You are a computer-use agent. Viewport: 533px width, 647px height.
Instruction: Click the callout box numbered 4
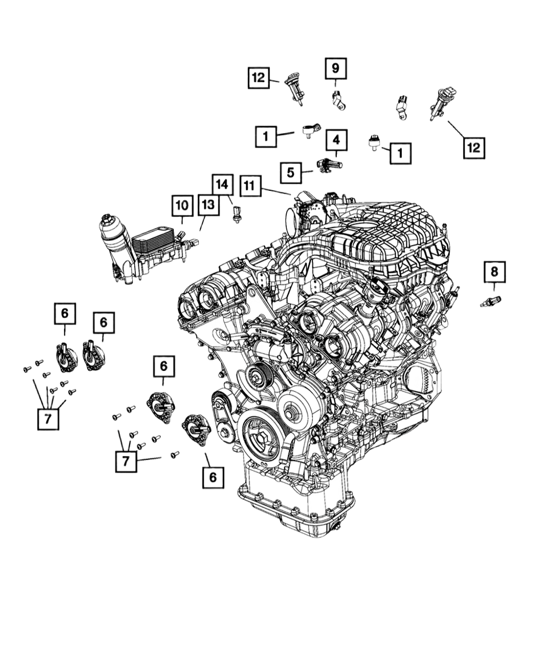coord(336,140)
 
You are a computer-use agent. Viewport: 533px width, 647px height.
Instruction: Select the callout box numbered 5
coord(291,173)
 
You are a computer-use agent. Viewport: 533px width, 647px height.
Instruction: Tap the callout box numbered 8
coord(494,272)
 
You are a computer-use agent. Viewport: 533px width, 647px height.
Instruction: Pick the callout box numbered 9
coord(336,68)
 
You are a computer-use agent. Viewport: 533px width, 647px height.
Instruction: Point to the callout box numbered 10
coord(182,205)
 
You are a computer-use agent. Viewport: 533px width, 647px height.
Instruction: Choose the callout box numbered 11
coord(250,186)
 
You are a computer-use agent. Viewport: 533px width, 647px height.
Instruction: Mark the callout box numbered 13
coord(208,205)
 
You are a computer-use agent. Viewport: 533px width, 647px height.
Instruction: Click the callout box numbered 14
coord(222,185)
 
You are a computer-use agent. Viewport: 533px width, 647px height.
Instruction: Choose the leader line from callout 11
coord(276,191)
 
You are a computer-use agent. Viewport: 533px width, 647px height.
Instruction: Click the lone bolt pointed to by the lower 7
coord(175,455)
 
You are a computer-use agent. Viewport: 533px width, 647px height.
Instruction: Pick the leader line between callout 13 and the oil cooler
coord(203,223)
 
